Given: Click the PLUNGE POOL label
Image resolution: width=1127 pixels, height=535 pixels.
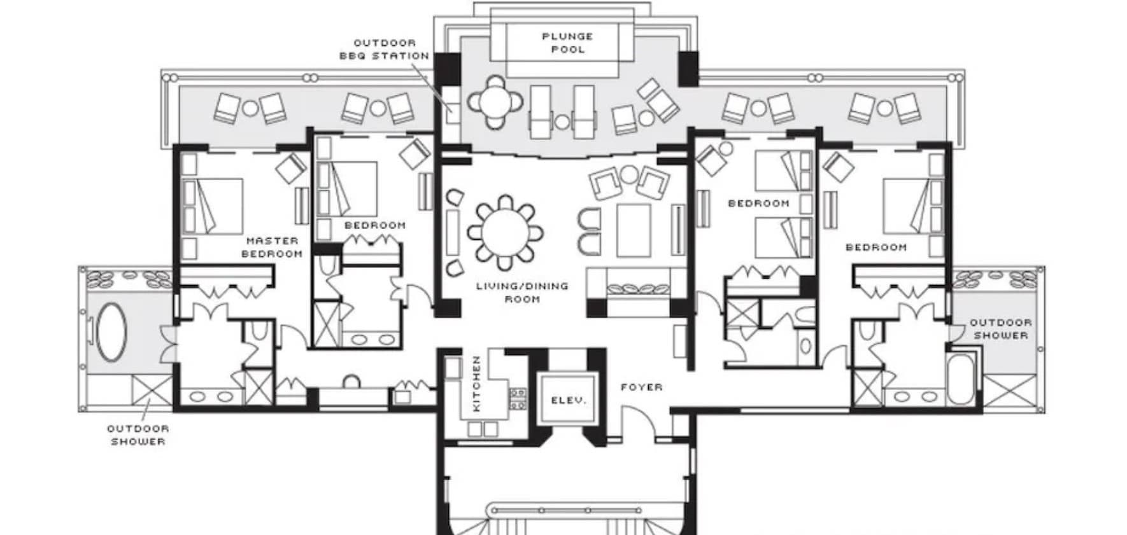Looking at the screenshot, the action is (567, 43).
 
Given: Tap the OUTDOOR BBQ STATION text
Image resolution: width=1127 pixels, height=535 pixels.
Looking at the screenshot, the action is (384, 49).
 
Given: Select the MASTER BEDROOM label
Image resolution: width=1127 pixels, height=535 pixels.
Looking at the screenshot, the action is (272, 247).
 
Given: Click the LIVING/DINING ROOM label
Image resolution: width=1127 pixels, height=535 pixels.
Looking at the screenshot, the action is (522, 293).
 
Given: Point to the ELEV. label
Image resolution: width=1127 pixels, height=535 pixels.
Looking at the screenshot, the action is (568, 401).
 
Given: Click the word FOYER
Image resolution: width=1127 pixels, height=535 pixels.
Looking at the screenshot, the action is (642, 387).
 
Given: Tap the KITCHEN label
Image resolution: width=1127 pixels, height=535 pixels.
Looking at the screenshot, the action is (476, 384).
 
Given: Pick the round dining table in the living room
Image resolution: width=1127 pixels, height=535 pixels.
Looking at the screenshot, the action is (506, 232).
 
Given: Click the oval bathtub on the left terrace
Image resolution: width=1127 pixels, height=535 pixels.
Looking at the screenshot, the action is (111, 332).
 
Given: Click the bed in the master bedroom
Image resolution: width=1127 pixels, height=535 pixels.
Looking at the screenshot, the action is (212, 206).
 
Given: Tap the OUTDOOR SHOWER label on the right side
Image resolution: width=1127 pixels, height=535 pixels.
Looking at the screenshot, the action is (1001, 329).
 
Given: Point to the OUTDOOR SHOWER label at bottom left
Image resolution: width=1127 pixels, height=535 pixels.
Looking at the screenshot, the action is (138, 435).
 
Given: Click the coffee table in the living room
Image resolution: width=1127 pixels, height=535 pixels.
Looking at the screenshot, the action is (633, 230).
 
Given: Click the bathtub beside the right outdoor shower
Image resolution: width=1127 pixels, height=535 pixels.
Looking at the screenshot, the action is (960, 379).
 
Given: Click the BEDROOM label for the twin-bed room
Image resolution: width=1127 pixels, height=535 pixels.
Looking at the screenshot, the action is (758, 204).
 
